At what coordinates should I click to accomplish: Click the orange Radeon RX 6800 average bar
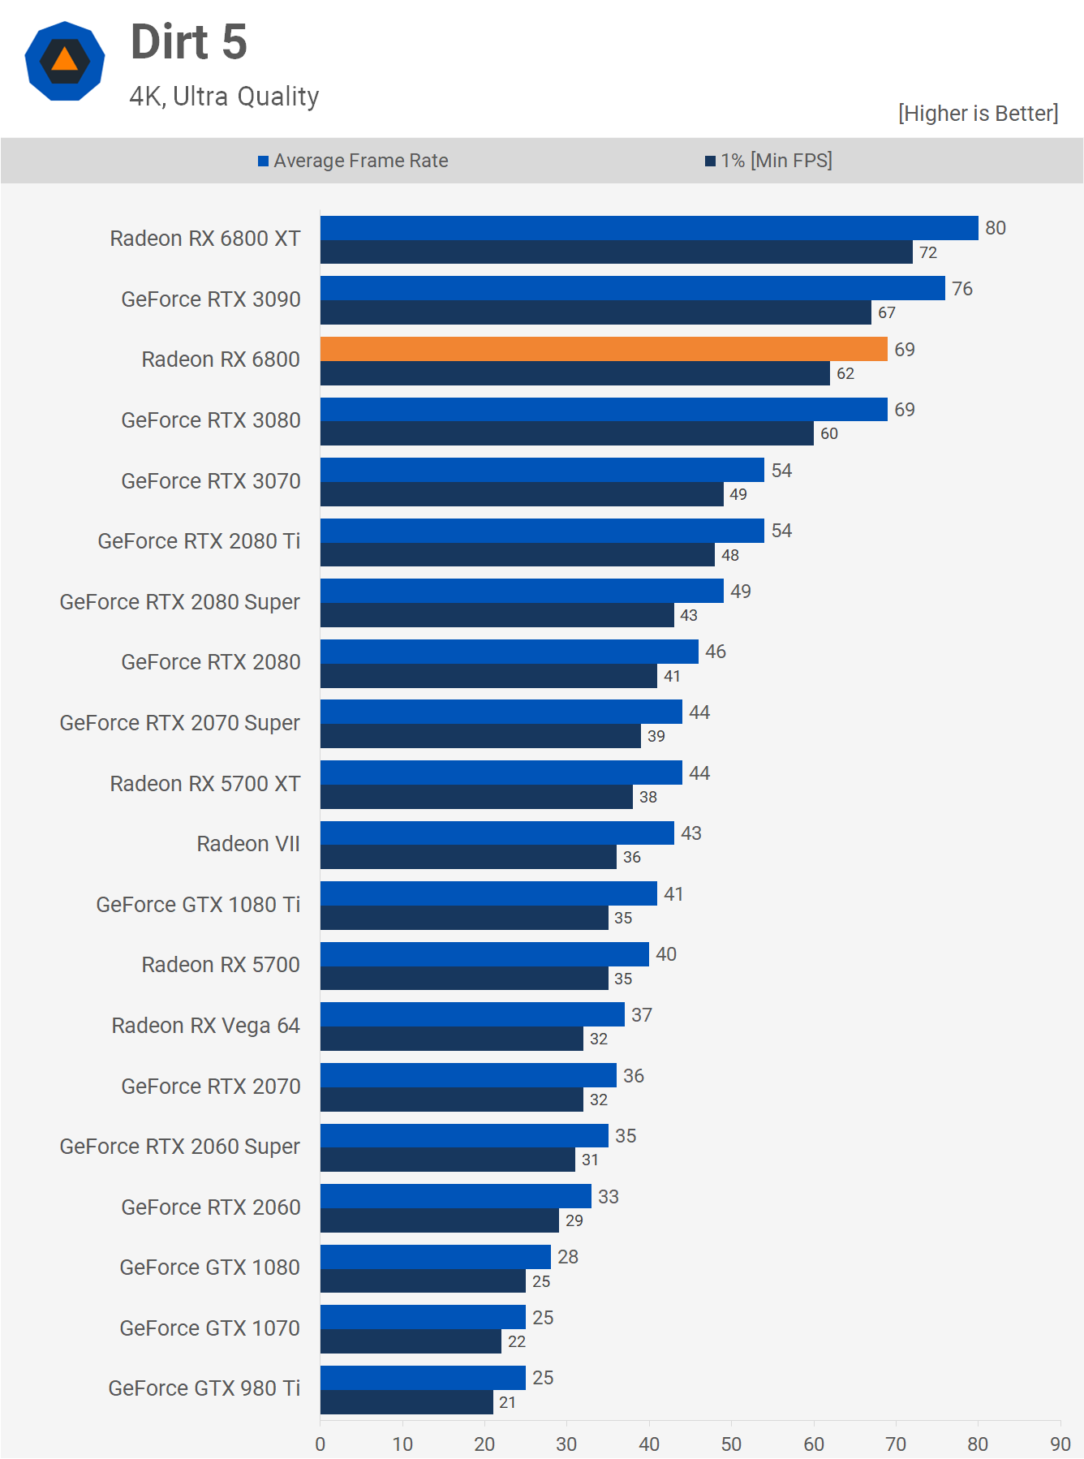pos(604,349)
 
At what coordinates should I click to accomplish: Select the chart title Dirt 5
pos(189,42)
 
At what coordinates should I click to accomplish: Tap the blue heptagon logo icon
pos(65,61)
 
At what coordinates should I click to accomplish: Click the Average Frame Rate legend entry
pos(353,161)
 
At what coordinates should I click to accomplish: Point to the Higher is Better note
pos(978,114)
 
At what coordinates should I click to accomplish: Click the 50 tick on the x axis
pos(731,1444)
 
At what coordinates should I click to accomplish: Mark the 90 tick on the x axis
pos(1060,1444)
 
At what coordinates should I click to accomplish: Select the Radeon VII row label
pos(248,844)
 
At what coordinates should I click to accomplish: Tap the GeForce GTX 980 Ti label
pos(204,1388)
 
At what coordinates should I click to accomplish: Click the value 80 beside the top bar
pos(996,228)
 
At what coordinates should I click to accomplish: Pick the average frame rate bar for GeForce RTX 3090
pos(633,288)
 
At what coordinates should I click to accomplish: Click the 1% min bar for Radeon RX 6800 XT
pos(617,252)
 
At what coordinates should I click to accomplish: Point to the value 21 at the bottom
pos(507,1402)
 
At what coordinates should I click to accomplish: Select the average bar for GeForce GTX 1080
pos(436,1257)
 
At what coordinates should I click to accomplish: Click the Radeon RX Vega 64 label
pos(206,1026)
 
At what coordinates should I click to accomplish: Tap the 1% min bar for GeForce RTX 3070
pos(522,494)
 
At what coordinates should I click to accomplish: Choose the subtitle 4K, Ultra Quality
pos(225,97)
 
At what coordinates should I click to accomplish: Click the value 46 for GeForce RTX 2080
pos(716,652)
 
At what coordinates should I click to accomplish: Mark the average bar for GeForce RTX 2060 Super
pos(464,1135)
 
